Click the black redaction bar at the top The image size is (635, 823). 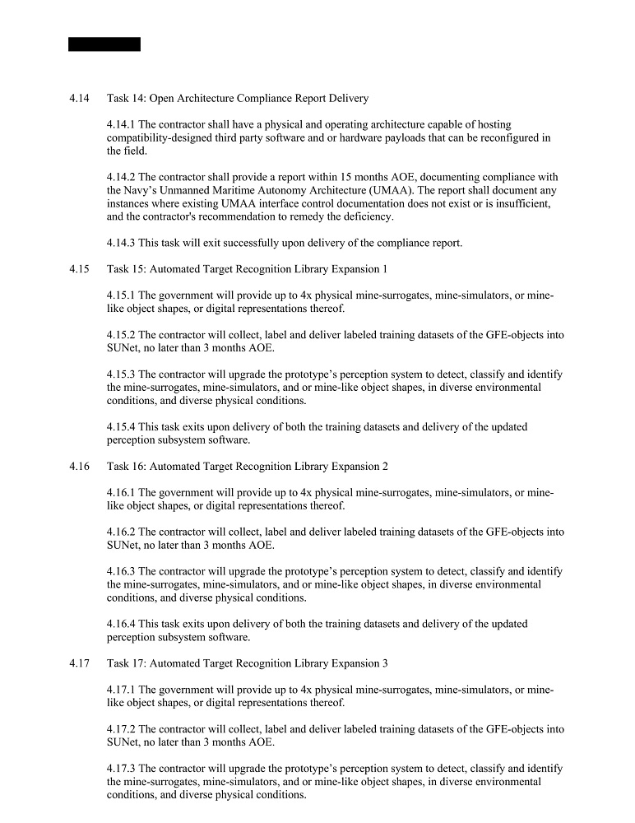tap(104, 44)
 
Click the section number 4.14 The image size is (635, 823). tap(79, 99)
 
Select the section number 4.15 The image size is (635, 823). tap(79, 269)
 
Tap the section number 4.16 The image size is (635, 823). tap(79, 467)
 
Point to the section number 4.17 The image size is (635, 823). tap(79, 663)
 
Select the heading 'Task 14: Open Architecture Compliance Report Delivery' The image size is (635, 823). tap(238, 99)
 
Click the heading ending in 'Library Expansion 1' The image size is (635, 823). tap(247, 269)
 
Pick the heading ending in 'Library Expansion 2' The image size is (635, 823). tap(247, 467)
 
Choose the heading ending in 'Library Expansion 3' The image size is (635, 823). tap(247, 663)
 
